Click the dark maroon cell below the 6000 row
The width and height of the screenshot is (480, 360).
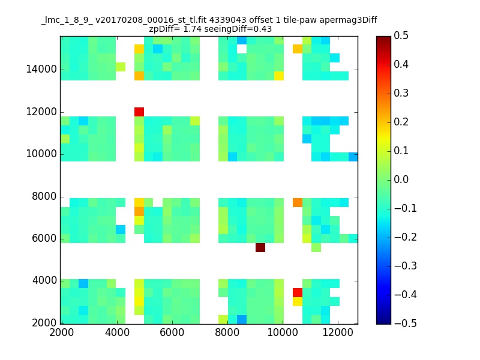(x=260, y=247)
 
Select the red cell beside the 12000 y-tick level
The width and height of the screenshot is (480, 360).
(x=139, y=112)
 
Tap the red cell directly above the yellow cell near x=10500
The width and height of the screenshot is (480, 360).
(x=298, y=292)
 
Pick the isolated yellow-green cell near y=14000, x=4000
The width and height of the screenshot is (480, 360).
(x=121, y=67)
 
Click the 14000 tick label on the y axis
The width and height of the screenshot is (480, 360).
(x=41, y=70)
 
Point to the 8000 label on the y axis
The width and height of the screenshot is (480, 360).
(x=44, y=197)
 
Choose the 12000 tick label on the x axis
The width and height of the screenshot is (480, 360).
(x=338, y=332)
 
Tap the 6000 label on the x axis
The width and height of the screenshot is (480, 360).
(x=172, y=332)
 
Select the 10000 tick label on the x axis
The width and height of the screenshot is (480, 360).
(x=283, y=332)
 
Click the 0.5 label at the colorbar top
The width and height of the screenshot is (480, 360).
(x=401, y=36)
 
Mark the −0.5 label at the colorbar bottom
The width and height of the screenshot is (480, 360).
(x=406, y=323)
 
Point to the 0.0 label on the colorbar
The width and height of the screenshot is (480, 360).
(x=401, y=179)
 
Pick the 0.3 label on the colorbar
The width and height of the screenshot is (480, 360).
(x=401, y=94)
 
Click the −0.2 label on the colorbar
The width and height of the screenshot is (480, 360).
(x=406, y=237)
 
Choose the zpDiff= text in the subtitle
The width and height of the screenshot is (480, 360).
(x=164, y=29)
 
